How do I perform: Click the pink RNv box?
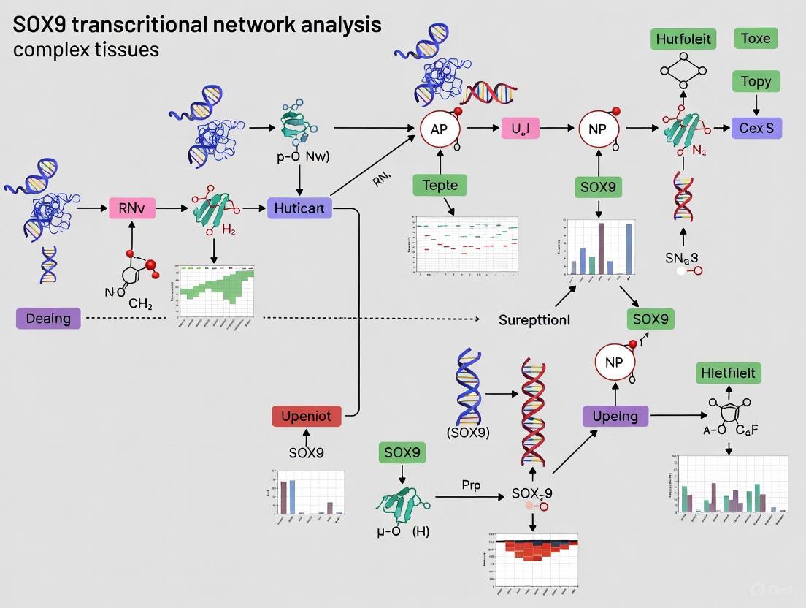point(132,208)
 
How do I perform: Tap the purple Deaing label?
point(48,319)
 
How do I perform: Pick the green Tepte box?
point(440,185)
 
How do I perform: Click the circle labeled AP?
point(440,129)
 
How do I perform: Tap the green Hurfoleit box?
point(683,39)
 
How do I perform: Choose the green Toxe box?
point(755,39)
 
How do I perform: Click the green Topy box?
point(756,81)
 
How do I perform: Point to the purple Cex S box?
point(756,129)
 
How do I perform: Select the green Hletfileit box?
point(728,373)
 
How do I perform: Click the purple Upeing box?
point(615,416)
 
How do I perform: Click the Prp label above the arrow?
point(471,484)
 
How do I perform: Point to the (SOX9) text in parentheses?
point(468,432)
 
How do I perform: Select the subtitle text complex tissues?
point(85,50)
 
